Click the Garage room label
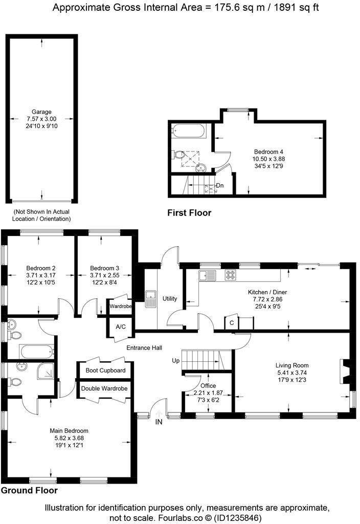point(41,112)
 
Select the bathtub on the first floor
point(189,132)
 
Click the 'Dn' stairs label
point(219,185)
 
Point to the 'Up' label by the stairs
point(175,361)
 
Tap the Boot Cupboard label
point(105,370)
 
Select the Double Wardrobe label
point(104,388)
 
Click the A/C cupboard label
point(121,326)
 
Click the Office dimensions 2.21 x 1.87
point(208,392)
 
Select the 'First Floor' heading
point(189,213)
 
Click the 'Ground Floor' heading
point(29,490)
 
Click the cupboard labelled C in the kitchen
point(232,323)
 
